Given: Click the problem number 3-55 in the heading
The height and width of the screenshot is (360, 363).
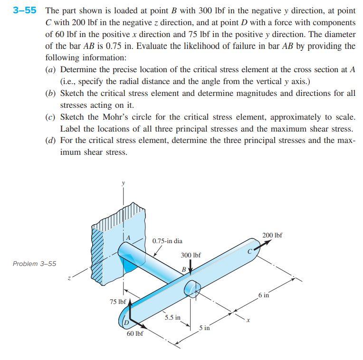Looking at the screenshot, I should pyautogui.click(x=24, y=10).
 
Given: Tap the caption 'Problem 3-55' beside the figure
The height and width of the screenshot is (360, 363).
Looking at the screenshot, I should pyautogui.click(x=34, y=264).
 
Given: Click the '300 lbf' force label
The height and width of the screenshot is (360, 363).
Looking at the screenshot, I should pyautogui.click(x=191, y=255).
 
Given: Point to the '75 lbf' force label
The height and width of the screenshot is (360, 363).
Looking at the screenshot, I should pyautogui.click(x=117, y=302).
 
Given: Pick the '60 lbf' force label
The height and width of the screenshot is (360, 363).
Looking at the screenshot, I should pyautogui.click(x=135, y=333).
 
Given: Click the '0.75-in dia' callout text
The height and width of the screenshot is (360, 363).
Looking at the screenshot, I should pyautogui.click(x=167, y=241).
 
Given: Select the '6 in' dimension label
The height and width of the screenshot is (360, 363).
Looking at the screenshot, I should pyautogui.click(x=264, y=295).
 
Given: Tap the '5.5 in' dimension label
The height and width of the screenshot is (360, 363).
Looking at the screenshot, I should pyautogui.click(x=172, y=317).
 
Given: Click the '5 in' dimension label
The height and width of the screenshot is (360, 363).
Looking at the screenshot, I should pyautogui.click(x=204, y=328).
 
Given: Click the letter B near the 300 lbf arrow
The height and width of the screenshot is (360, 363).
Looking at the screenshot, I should pyautogui.click(x=184, y=269).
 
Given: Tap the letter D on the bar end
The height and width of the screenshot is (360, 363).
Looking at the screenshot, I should pyautogui.click(x=126, y=323).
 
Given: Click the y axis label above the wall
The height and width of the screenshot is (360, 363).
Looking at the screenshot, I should pyautogui.click(x=123, y=182).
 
